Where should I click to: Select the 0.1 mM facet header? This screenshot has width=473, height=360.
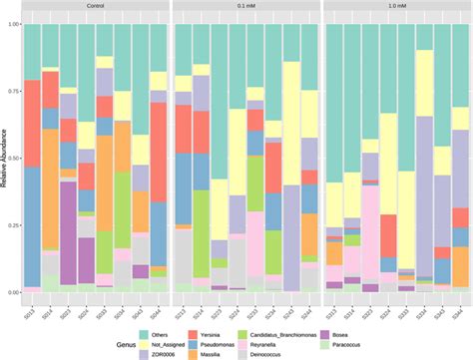246,6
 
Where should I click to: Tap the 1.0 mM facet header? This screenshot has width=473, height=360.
397,6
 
